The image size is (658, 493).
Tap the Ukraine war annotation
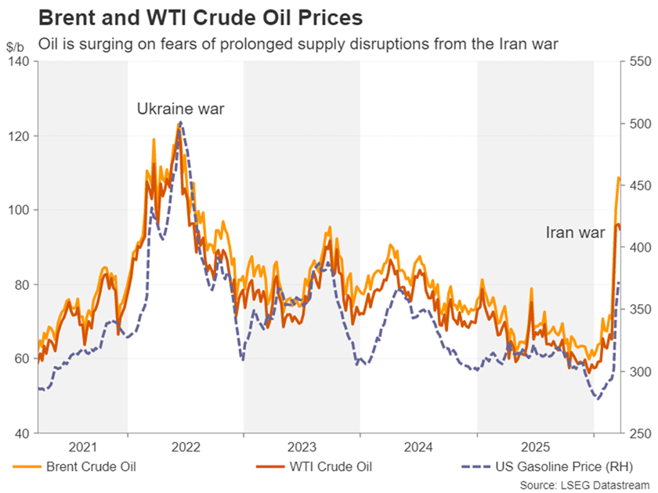[181, 108]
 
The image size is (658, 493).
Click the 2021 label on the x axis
[83, 448]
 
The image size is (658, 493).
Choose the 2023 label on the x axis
[302, 448]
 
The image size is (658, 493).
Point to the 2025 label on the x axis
[536, 448]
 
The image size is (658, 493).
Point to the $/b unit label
[15, 47]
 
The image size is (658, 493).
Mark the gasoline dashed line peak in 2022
[181, 122]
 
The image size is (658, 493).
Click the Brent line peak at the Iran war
[618, 178]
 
